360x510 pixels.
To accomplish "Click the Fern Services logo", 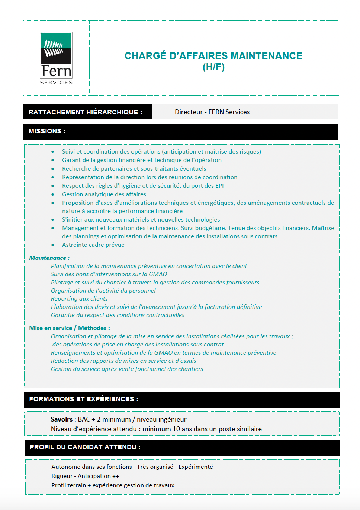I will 56,58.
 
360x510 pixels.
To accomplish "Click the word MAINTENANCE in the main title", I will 266,56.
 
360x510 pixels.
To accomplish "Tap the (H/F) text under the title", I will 213,67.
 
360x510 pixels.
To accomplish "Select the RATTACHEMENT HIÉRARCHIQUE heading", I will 86,112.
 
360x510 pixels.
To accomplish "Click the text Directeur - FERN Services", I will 212,112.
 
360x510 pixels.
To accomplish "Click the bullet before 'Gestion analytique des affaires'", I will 53,194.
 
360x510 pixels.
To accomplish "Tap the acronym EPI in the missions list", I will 219,186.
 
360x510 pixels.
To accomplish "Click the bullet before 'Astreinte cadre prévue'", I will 53,245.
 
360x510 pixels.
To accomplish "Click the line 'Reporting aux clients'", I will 79,299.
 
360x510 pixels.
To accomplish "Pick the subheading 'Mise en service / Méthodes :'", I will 70,328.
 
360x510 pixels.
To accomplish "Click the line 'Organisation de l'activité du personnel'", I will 103,291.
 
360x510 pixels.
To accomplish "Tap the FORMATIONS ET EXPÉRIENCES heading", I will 84,399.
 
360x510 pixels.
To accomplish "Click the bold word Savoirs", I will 62,419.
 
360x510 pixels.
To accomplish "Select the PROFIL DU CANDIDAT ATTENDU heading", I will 85,447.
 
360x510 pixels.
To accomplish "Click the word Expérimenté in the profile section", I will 196,467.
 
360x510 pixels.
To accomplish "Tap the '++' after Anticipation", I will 116,476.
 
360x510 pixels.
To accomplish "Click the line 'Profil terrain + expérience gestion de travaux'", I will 113,485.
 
